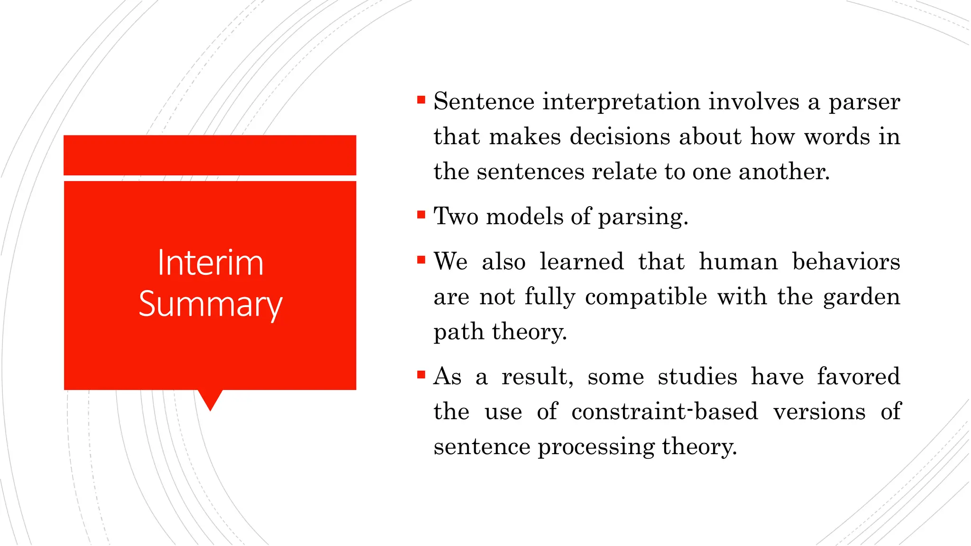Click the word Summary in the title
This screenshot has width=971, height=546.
pos(210,304)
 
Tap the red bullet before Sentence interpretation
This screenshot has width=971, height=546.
pos(421,100)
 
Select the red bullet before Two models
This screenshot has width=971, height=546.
pos(421,215)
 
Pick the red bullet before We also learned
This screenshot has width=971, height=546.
pos(421,260)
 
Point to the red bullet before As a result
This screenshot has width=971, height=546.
pos(421,375)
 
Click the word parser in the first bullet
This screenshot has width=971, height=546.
pos(864,102)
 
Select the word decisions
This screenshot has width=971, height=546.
pos(619,136)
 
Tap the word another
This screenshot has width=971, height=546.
pos(784,172)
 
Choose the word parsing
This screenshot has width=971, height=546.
pos(642,218)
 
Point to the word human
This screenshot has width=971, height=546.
pos(738,262)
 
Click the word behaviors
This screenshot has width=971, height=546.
pos(846,262)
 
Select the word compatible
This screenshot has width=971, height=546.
pos(646,297)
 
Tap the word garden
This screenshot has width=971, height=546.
pos(861,297)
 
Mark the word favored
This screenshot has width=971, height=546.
pos(858,377)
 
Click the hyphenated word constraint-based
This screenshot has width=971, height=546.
pos(664,411)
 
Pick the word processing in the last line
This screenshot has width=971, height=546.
pos(596,447)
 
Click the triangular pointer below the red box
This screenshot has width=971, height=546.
pos(210,399)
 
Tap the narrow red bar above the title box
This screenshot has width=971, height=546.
pos(210,155)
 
